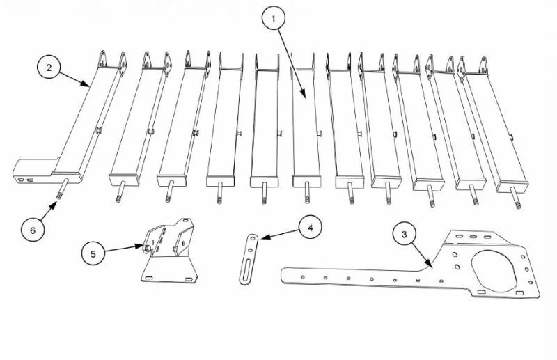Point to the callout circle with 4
[x=311, y=227]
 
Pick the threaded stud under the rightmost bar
[x=517, y=198]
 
